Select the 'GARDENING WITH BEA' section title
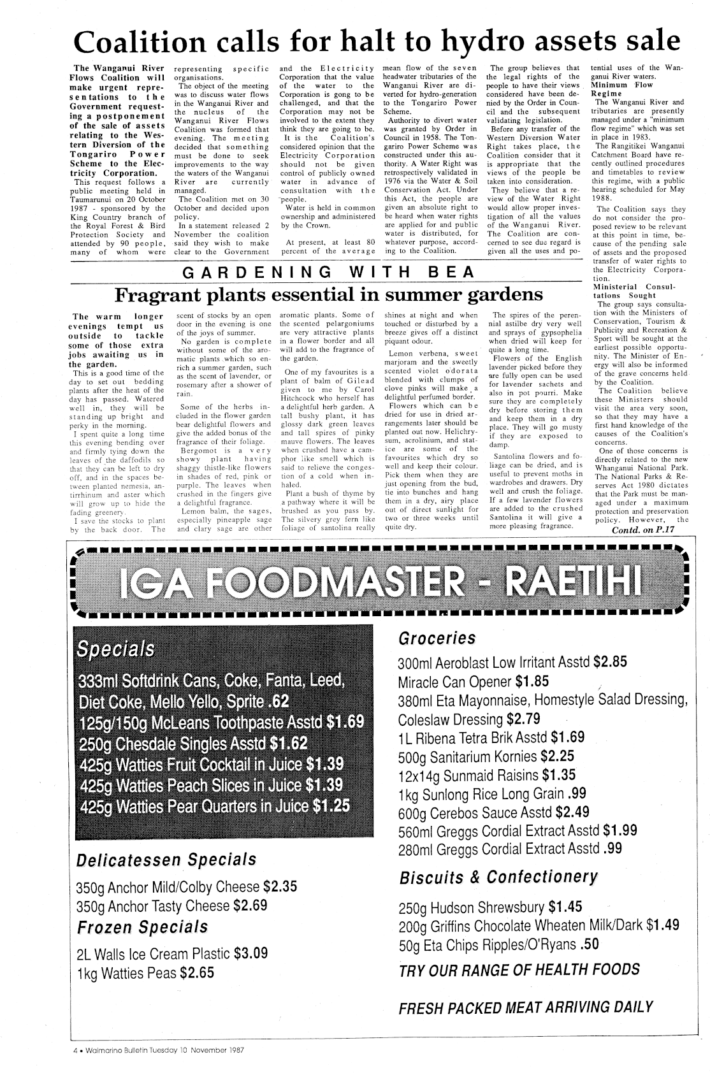[328, 273]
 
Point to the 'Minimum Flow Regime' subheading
[623, 89]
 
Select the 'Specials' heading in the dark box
[115, 649]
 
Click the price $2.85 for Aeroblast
[610, 661]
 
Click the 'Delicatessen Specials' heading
[165, 860]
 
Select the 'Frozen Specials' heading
[142, 926]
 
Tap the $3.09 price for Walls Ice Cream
[250, 953]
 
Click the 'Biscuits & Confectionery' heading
[498, 877]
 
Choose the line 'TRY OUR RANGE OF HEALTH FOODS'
[519, 970]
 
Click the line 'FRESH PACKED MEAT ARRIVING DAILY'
[525, 1007]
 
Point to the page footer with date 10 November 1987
[159, 1047]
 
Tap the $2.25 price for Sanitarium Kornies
[557, 756]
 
